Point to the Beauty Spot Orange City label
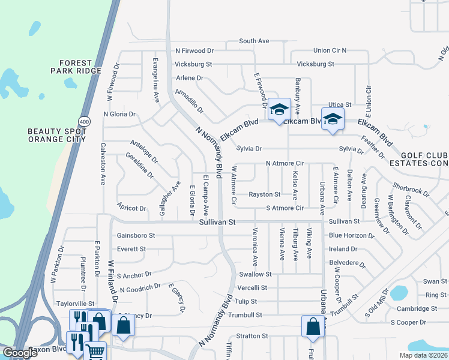click(53, 135)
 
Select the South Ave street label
click(254, 41)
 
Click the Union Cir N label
click(330, 51)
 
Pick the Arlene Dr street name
click(190, 78)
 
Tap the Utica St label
click(356, 104)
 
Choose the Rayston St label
click(265, 194)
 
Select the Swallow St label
click(256, 274)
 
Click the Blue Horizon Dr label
click(351, 236)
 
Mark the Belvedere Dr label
click(347, 263)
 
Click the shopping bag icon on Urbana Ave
click(313, 326)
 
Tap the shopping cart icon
click(95, 350)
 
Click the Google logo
click(20, 353)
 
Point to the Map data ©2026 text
click(423, 355)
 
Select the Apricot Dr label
click(132, 209)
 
